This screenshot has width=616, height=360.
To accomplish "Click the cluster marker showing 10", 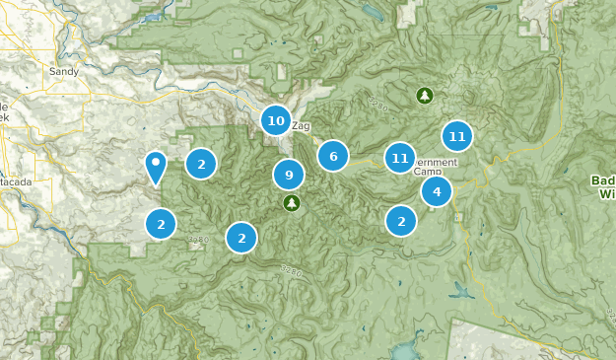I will tap(275, 120).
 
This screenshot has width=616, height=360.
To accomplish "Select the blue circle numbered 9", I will tap(289, 176).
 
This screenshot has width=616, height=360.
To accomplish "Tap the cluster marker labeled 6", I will tap(333, 156).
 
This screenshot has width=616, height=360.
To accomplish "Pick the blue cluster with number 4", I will tap(436, 191).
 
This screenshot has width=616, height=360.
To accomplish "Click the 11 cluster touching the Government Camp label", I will tap(400, 157).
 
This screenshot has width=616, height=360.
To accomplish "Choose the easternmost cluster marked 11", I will tap(456, 136).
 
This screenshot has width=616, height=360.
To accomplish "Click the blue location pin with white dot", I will tap(155, 167).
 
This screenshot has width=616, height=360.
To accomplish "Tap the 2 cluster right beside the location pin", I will tap(201, 164).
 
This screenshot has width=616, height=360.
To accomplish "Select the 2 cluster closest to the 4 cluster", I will tap(401, 221).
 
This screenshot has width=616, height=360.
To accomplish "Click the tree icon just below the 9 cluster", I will tap(291, 203).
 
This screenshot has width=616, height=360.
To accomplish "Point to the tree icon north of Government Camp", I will tap(425, 96).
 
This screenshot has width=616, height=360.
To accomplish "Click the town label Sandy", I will tap(63, 72).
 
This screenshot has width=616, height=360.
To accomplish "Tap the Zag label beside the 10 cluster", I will tap(302, 126).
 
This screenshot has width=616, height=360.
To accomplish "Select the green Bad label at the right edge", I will tap(603, 180).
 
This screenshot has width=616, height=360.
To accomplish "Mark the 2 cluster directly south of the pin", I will tap(161, 224).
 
